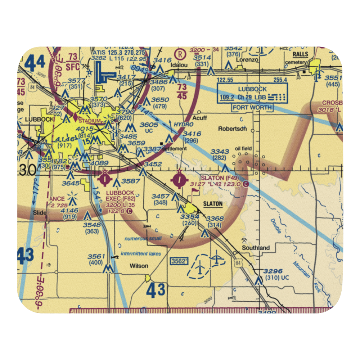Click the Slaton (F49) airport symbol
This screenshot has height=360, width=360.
tap(179, 179)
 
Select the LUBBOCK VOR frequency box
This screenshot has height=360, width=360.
tap(252, 93)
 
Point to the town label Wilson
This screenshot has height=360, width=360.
tap(139, 266)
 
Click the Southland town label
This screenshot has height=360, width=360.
tap(256, 248)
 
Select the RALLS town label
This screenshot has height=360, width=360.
tap(300, 54)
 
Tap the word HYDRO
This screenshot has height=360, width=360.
tap(184, 124)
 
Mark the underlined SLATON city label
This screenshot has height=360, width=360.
tap(213, 204)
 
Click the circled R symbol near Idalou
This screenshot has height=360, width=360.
tap(179, 54)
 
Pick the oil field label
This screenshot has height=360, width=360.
tap(243, 148)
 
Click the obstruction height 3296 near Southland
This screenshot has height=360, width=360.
tap(273, 271)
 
